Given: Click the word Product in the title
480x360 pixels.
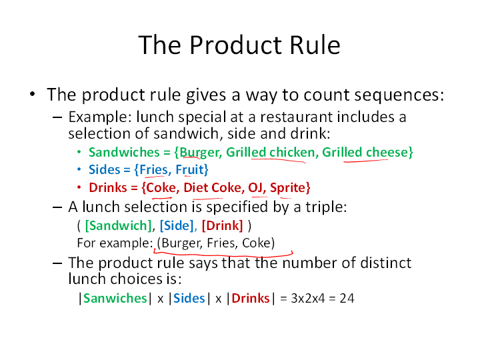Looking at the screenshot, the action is point(235,45).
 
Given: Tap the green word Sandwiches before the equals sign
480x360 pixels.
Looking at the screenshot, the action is point(124,152).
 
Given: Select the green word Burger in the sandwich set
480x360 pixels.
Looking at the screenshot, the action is point(199,153).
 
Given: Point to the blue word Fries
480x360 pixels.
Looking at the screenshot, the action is point(154,169).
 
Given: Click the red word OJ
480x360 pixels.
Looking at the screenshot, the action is point(255,187).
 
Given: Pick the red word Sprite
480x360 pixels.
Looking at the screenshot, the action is point(288,187).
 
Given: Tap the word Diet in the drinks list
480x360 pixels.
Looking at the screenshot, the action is point(195,187).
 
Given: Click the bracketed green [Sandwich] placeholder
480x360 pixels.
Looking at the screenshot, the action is point(118,225).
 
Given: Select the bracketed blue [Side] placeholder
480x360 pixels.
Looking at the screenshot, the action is point(177,225).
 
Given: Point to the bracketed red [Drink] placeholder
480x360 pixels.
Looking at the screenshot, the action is point(223,225).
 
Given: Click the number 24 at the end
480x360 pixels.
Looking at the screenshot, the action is point(347,298).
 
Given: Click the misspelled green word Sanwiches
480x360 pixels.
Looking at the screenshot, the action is point(115,298).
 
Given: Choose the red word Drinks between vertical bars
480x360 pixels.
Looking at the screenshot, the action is point(251,298).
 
